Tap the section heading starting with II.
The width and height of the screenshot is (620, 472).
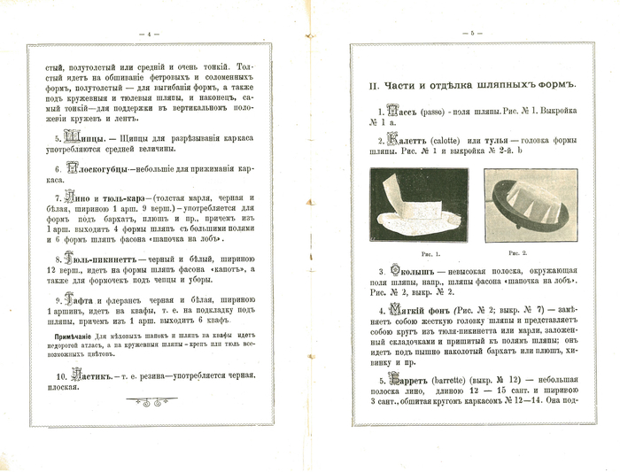473,85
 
